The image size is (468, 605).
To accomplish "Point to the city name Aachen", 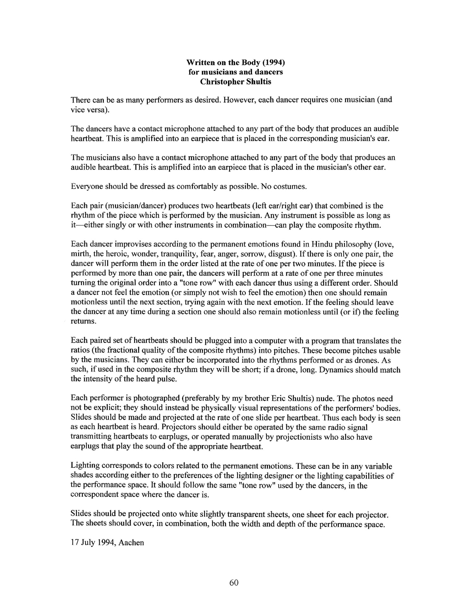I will click(x=131, y=543).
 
